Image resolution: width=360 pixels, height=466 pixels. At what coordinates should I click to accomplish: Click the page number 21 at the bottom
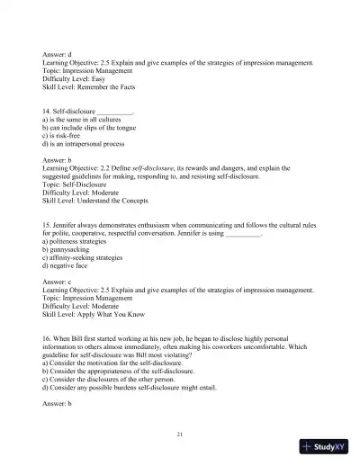[x=180, y=435]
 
